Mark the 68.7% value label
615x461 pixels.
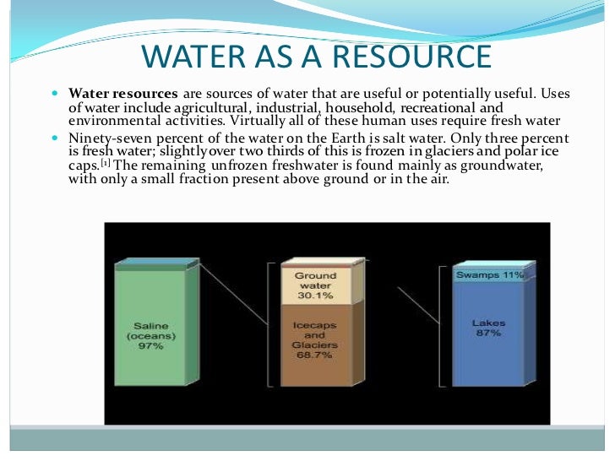[x=315, y=355]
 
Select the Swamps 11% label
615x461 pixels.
[x=490, y=275]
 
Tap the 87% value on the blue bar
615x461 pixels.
[x=488, y=334]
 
